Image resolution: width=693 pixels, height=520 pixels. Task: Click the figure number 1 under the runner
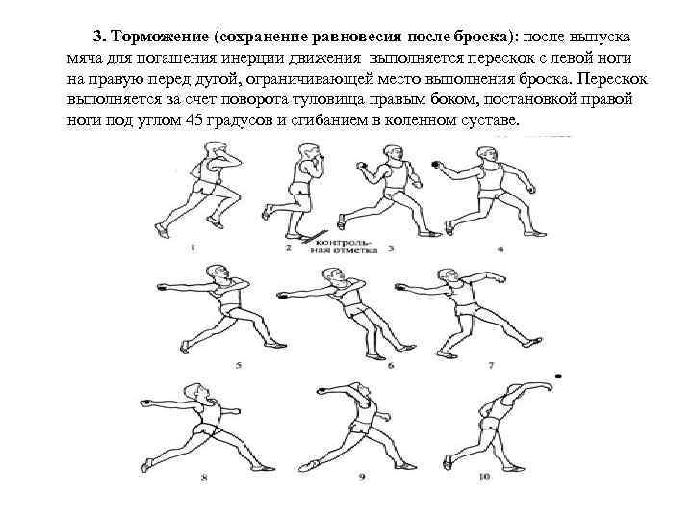click(192, 247)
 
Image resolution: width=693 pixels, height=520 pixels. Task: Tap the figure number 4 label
click(500, 248)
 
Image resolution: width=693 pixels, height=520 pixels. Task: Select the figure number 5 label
click(239, 366)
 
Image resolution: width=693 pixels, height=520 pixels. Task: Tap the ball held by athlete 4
click(436, 165)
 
